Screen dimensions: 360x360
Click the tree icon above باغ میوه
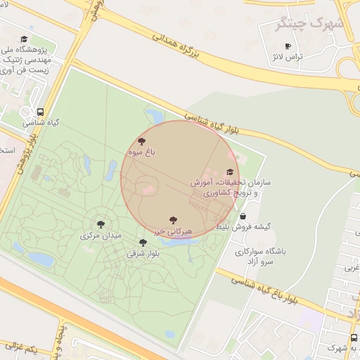tap(142, 141)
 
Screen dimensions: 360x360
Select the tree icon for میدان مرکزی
tap(101, 224)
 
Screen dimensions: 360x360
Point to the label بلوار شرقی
tap(143, 252)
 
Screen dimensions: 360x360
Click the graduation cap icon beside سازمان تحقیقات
tap(230, 172)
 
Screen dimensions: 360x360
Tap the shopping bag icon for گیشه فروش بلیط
tap(243, 217)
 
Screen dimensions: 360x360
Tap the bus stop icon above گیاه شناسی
tap(40, 112)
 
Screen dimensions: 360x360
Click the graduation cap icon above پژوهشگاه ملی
tap(25, 39)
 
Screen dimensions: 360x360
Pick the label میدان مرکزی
tap(102, 235)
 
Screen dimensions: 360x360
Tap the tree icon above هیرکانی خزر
tap(173, 220)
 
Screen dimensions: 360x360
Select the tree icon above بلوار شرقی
tap(143, 243)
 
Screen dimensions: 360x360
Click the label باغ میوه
tap(141, 151)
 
